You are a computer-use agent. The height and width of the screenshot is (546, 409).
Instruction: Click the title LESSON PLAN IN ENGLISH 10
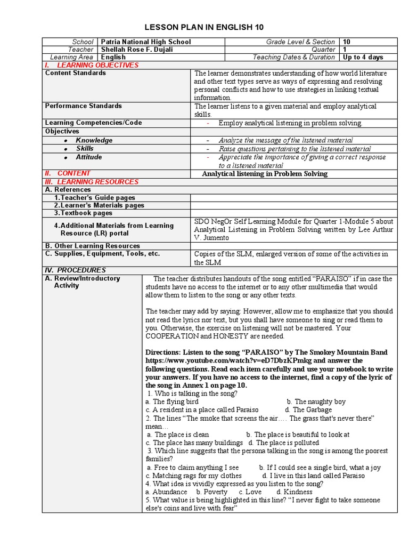(x=204, y=27)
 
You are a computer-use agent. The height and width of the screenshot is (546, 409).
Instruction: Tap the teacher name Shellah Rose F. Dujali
(x=137, y=50)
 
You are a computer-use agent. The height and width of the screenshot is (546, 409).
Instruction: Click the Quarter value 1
(x=345, y=50)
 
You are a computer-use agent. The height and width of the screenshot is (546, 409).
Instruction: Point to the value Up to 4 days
(x=363, y=57)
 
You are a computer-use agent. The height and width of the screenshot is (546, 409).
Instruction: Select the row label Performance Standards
(x=83, y=106)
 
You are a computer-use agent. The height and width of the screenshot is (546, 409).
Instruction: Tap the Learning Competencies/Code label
(x=93, y=123)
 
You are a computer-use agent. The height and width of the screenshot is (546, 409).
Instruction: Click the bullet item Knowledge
(x=94, y=140)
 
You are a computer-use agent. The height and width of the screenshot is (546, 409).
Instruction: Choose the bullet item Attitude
(x=88, y=157)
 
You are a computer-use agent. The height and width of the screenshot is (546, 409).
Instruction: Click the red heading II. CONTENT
(x=68, y=173)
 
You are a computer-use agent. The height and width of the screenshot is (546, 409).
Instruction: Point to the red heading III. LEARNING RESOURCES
(x=92, y=182)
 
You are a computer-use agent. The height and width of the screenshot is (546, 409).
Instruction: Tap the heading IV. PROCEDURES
(x=75, y=270)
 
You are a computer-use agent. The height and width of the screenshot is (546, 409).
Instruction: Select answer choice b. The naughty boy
(x=316, y=402)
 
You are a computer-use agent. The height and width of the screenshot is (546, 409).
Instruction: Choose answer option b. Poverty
(x=211, y=492)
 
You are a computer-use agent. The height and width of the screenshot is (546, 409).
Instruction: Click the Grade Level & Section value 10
(x=347, y=42)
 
